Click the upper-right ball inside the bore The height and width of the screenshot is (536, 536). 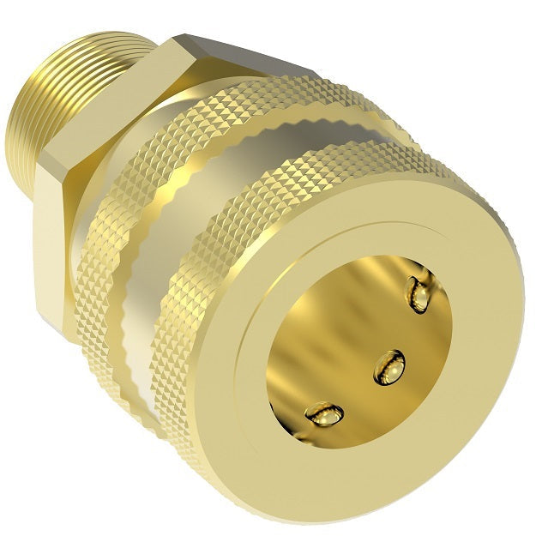tap(422, 294)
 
